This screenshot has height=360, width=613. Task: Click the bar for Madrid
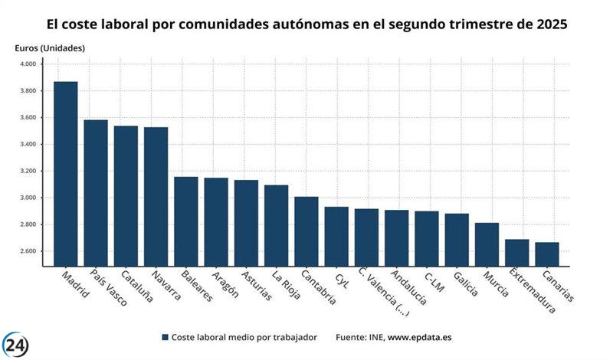65,174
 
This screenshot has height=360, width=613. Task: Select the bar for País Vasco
96,193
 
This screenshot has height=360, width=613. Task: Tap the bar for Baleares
185,221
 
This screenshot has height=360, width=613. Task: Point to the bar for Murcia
487,244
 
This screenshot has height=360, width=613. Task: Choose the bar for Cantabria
306,231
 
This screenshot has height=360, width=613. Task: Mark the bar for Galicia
457,240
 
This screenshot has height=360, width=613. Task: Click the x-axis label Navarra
165,285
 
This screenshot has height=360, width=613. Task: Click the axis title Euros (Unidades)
50,48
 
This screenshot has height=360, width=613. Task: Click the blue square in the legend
165,337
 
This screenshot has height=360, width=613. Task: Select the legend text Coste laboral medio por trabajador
244,337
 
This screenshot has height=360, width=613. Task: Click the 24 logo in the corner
17,344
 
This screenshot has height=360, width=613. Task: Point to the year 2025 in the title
546,24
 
